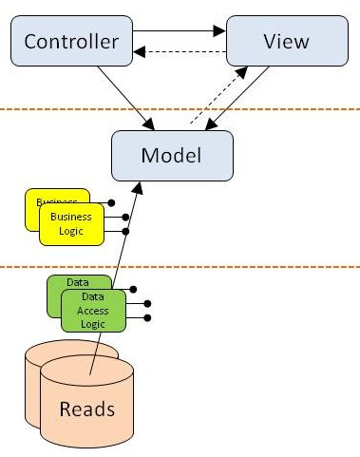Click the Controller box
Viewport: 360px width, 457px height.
click(70, 42)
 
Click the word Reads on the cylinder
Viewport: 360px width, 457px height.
click(87, 409)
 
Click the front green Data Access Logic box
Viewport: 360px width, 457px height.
click(92, 311)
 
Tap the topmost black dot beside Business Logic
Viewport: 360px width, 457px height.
click(112, 202)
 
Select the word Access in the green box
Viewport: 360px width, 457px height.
click(93, 311)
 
